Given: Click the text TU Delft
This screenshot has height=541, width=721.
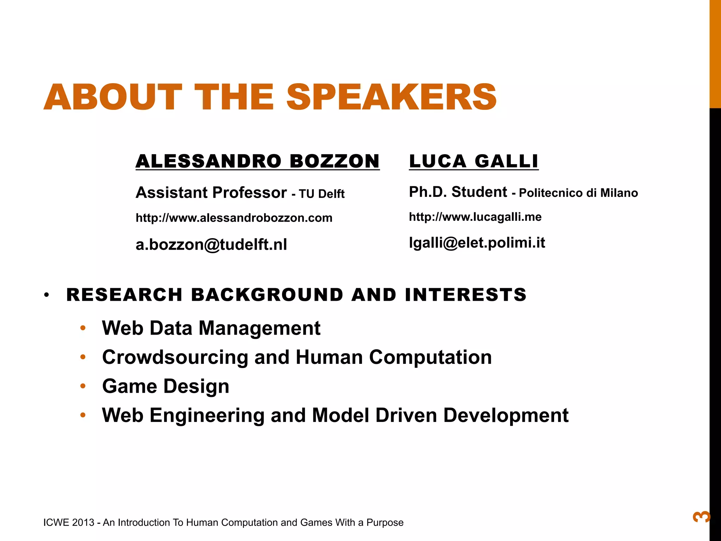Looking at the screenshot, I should (321, 194).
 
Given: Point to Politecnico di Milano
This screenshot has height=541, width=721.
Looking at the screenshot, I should (578, 193).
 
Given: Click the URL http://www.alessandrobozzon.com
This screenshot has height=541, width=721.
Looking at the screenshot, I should (234, 218).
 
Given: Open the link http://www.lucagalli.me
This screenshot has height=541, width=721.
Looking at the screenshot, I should (475, 217).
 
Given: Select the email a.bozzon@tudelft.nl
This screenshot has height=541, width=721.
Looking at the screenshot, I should (211, 244).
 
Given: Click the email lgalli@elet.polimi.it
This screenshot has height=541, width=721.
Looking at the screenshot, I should (477, 243).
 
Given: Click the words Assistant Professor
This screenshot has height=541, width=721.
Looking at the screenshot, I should (211, 193).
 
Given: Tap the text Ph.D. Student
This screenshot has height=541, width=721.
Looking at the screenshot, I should (458, 192).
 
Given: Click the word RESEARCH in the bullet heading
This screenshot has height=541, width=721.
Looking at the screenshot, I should (124, 294).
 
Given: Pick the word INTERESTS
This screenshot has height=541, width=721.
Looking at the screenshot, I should (465, 294).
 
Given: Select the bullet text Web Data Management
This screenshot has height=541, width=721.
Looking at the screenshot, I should (211, 328).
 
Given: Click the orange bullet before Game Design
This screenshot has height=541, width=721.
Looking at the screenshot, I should (83, 386).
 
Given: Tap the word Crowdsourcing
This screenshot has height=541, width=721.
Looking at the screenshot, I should (175, 357).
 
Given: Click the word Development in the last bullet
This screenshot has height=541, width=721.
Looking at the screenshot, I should (506, 415).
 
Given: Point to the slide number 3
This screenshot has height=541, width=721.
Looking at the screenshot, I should (701, 517).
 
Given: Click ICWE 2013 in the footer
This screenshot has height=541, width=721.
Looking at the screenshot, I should (69, 522).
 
